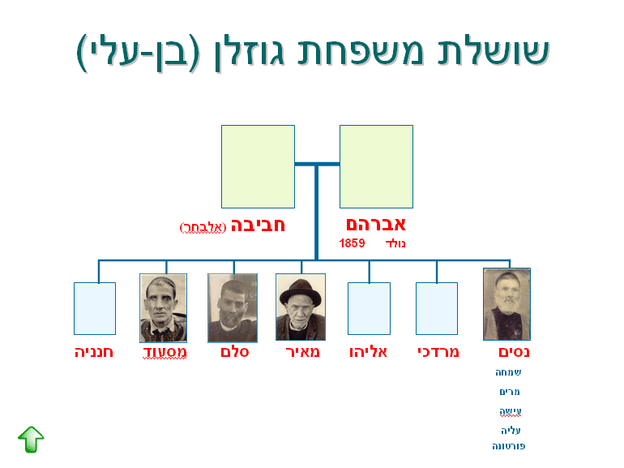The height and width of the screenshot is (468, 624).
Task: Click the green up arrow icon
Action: pos(31,440)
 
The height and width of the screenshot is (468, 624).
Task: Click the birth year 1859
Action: pos(352,243)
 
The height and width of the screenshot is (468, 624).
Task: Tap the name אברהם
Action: pos(376,225)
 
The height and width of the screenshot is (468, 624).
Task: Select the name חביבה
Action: pos(258,225)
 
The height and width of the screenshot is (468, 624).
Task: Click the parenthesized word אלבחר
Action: pos(203,227)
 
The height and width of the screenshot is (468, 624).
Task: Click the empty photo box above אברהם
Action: pos(376,166)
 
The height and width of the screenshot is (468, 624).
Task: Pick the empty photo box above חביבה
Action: pos(258,166)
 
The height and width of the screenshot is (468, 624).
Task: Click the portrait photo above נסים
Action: pos(506,304)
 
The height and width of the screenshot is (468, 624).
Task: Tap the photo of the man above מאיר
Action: pos(301,307)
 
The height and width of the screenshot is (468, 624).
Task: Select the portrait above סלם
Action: pos(233,308)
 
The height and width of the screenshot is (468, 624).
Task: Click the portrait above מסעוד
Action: pos(163,308)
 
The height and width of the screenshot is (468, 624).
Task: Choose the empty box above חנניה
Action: pos(95,309)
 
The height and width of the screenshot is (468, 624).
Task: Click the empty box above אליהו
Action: pos(369,309)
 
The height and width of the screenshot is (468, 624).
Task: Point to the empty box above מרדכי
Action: pos(437,309)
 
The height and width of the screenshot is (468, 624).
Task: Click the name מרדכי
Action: pos(438,352)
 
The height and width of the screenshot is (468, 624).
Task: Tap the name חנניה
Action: pos(94,352)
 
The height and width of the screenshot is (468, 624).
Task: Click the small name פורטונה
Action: pos(509,446)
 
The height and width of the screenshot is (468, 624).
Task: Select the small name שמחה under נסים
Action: pos(508,372)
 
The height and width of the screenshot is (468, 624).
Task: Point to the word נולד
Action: pos(395,243)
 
